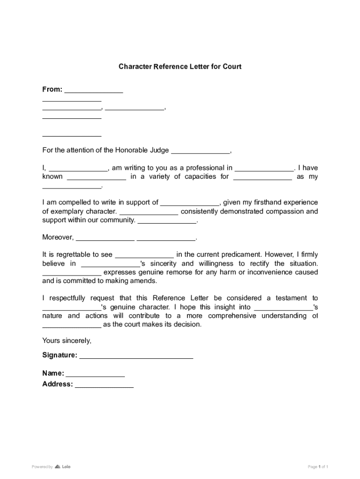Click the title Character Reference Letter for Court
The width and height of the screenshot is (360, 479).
click(x=180, y=66)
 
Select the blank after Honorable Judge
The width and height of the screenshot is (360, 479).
click(x=201, y=151)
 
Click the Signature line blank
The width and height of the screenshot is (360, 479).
click(x=136, y=356)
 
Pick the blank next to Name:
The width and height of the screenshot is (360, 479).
click(x=95, y=374)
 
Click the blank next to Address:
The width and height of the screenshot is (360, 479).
click(x=104, y=385)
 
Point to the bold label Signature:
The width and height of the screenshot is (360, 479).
click(x=60, y=355)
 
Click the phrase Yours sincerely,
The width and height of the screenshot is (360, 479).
click(x=67, y=341)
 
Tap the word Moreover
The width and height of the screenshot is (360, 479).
click(x=58, y=237)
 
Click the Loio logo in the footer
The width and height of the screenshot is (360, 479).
click(x=63, y=466)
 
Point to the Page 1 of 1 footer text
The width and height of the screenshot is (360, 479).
click(x=318, y=466)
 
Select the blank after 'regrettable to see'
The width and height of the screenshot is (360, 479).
click(x=144, y=255)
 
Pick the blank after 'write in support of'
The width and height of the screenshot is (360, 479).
click(x=190, y=203)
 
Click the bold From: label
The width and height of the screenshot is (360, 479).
click(x=52, y=89)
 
